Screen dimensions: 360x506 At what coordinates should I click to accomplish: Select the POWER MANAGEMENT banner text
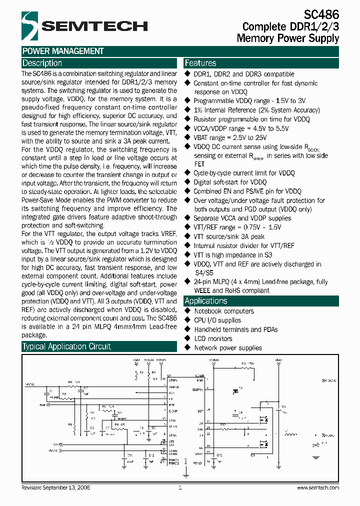(63, 51)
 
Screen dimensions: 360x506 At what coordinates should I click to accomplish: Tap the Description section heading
(42, 63)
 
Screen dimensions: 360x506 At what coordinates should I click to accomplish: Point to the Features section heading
(200, 63)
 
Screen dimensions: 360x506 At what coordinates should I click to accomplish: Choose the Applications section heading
(206, 300)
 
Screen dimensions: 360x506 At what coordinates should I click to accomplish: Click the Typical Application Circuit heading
(66, 346)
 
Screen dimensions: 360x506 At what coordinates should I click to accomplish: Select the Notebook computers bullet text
(223, 311)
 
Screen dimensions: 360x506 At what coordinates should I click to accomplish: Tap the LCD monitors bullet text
(213, 338)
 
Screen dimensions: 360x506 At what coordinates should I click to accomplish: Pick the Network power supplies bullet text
(227, 347)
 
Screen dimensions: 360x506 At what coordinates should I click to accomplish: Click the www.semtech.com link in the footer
(318, 487)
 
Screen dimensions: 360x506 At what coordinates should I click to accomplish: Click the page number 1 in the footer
(179, 487)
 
